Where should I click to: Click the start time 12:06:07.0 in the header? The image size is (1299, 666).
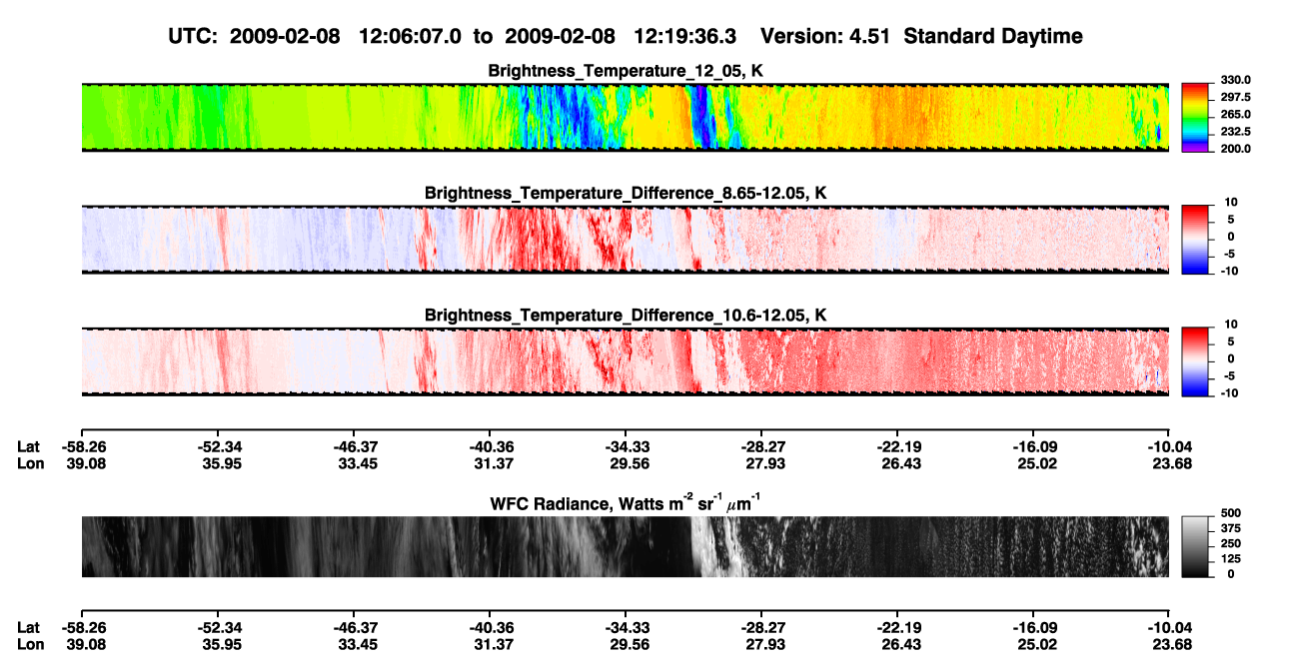point(410,37)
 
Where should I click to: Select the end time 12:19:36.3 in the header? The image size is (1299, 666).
point(684,37)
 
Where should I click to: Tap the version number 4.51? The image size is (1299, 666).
point(869,37)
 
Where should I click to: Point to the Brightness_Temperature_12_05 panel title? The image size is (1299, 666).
point(626,71)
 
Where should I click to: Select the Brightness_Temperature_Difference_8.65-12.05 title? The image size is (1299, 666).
point(626,193)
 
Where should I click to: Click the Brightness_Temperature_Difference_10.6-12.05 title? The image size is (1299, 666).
point(626,316)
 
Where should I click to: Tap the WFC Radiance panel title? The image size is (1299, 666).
point(626,503)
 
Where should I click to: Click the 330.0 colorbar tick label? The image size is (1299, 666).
point(1235,80)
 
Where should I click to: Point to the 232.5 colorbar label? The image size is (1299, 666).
point(1235,132)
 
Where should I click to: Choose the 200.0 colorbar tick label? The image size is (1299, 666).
point(1235,149)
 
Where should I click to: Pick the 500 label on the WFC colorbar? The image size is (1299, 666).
point(1231,513)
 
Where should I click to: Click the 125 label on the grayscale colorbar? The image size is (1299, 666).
point(1231,559)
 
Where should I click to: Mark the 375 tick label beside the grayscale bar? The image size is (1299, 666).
point(1231,528)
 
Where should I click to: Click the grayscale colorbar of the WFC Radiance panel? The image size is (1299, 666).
point(1195,546)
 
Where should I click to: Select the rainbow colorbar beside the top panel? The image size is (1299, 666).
point(1195,118)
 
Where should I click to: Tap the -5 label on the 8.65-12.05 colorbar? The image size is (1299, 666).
point(1228,254)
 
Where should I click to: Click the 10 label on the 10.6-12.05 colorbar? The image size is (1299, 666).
point(1231,325)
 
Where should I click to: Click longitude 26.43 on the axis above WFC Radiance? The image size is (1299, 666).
point(901,463)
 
